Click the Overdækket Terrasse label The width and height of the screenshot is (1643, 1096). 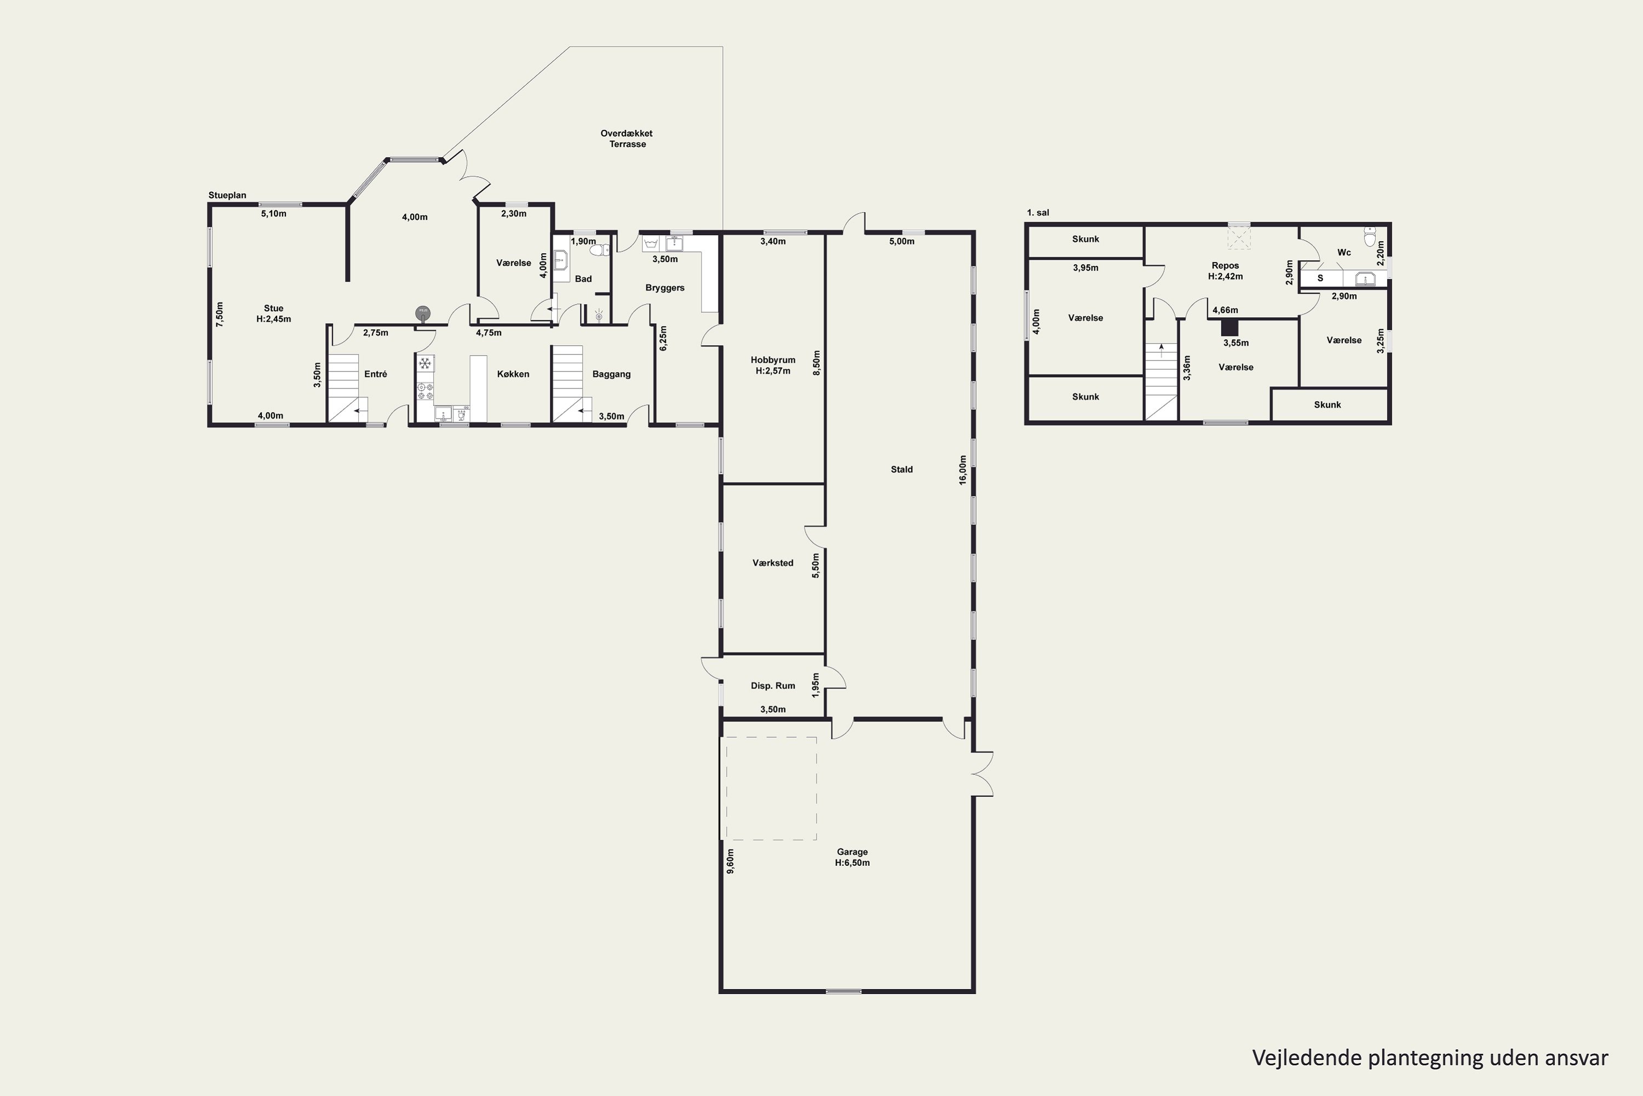pos(627,139)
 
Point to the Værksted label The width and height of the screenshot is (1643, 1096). pos(773,563)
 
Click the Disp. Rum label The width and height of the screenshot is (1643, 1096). pos(773,686)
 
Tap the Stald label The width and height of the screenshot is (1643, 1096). pos(901,470)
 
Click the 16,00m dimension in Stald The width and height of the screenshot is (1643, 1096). pos(963,470)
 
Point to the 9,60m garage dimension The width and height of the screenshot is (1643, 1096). pos(731,861)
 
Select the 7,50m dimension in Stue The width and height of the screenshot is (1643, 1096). pos(220,315)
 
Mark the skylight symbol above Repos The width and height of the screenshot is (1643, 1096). pos(1239,237)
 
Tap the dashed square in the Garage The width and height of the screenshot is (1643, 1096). pos(771,789)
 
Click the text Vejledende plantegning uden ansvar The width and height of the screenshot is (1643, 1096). pos(1430,1058)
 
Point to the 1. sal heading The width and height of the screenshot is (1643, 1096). pos(1038,213)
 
